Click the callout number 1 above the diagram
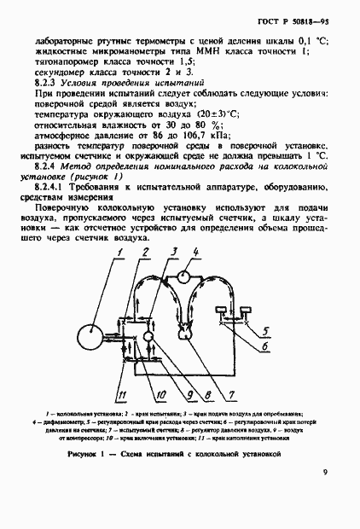[x=121, y=252]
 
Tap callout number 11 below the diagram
[x=123, y=394]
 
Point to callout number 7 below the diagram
[x=229, y=394]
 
